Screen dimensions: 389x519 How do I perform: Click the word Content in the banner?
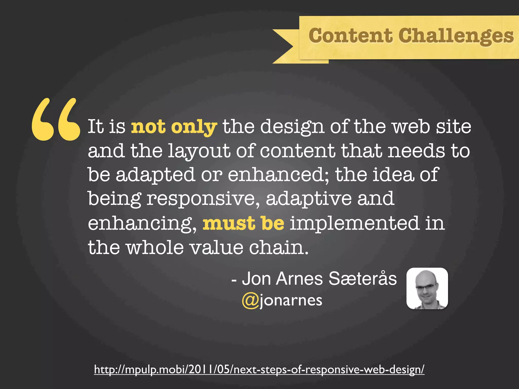tap(350, 36)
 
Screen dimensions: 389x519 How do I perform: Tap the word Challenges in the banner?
tap(456, 36)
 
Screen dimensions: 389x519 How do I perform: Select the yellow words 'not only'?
tap(174, 127)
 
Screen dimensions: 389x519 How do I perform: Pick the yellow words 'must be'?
tap(243, 223)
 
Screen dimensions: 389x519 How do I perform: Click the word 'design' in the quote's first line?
tap(292, 127)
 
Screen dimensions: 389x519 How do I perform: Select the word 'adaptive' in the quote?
tap(309, 199)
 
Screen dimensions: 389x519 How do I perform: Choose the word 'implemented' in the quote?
tap(354, 223)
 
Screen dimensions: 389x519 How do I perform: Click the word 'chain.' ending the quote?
tap(279, 247)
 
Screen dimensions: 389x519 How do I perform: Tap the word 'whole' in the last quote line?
tap(155, 247)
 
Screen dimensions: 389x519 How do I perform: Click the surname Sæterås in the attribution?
tap(362, 279)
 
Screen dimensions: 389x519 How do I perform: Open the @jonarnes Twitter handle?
tap(282, 301)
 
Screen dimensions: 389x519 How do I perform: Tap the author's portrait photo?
tap(427, 288)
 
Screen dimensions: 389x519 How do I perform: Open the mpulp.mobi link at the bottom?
tap(259, 369)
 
